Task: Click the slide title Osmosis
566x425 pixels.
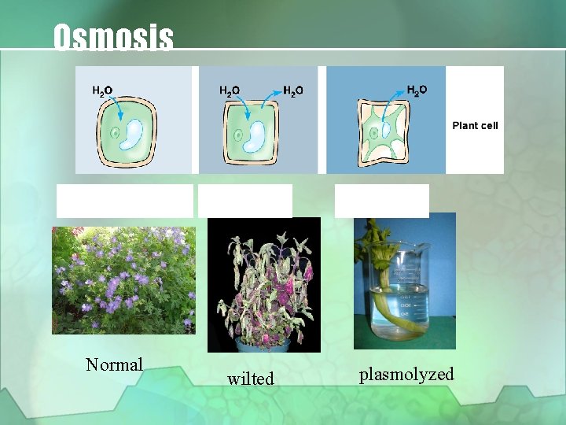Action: [113, 37]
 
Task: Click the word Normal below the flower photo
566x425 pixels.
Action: [115, 364]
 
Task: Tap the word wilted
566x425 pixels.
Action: [251, 379]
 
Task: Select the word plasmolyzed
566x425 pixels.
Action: [406, 374]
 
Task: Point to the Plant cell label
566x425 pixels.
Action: [475, 125]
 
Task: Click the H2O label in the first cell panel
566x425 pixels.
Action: [102, 91]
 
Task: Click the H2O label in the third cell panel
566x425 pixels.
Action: [417, 89]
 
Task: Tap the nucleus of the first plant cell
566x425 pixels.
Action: [116, 133]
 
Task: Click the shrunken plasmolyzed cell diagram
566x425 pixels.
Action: [384, 131]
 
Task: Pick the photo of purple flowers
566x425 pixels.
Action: [123, 279]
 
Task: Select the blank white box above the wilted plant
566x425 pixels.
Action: [244, 200]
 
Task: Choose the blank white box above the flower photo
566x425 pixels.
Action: [124, 200]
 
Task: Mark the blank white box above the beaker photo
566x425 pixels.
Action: [381, 200]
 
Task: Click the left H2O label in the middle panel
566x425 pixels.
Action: [230, 90]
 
